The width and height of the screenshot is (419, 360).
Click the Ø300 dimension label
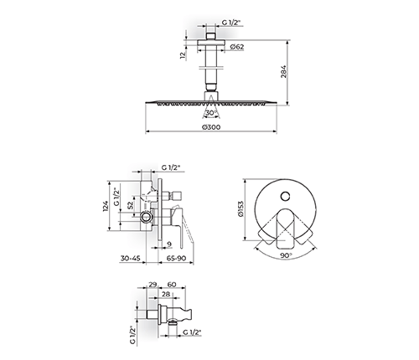pyautogui.click(x=210, y=127)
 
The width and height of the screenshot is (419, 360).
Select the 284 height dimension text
pyautogui.click(x=283, y=71)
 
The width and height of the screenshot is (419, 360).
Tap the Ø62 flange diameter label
pyautogui.click(x=237, y=47)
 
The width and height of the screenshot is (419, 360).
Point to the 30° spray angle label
pyautogui.click(x=212, y=113)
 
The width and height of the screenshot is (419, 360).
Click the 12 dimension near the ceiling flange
pyautogui.click(x=183, y=55)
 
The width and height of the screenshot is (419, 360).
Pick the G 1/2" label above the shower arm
pyautogui.click(x=231, y=23)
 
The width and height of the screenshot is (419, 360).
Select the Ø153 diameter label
pyautogui.click(x=241, y=209)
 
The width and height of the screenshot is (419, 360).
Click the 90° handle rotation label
pyautogui.click(x=286, y=255)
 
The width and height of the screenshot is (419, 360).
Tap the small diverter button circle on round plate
pyautogui.click(x=285, y=196)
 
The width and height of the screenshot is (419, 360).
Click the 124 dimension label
pyautogui.click(x=106, y=206)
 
